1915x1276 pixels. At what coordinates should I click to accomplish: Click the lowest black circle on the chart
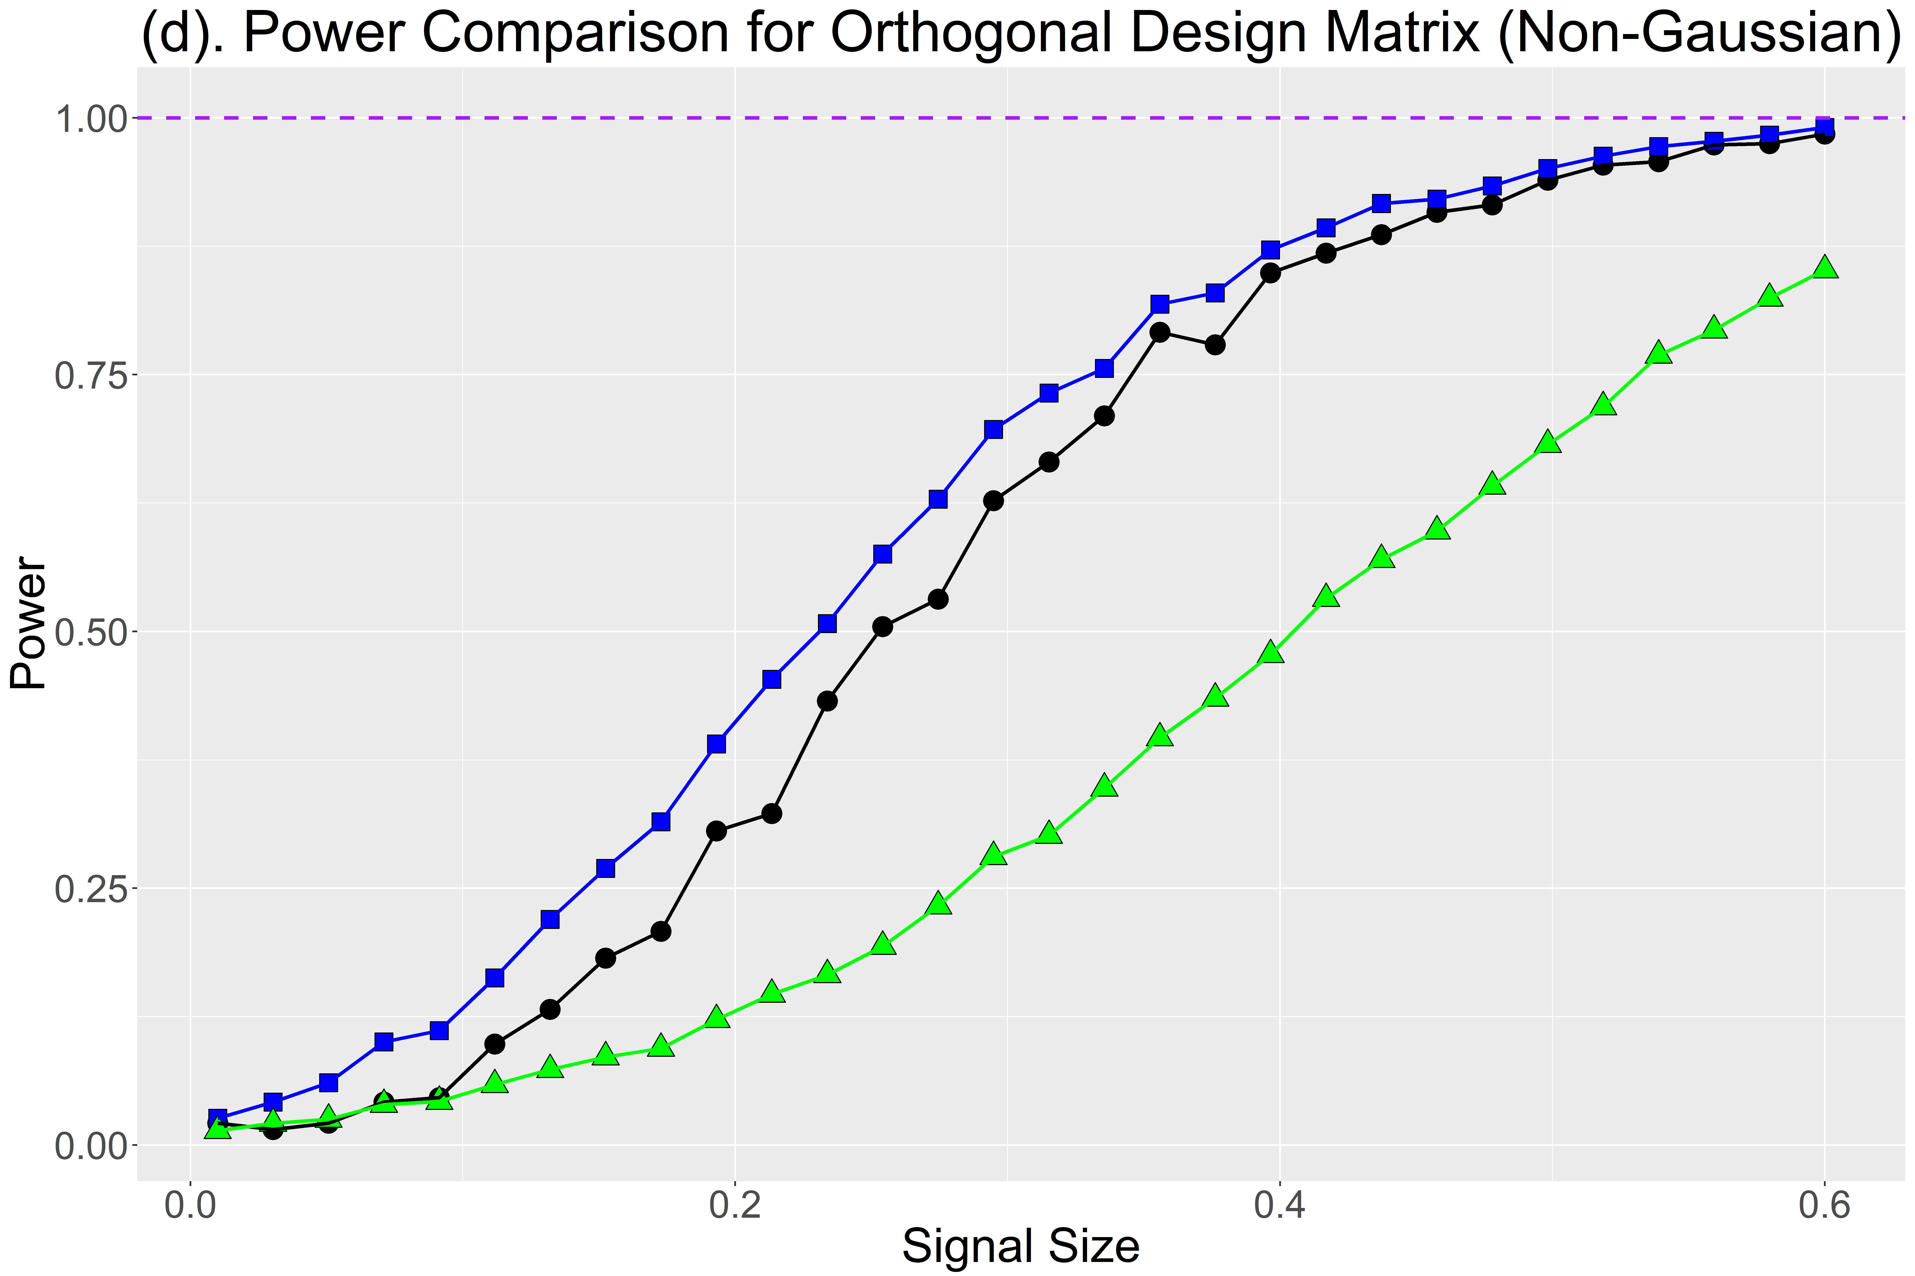pyautogui.click(x=274, y=1129)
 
